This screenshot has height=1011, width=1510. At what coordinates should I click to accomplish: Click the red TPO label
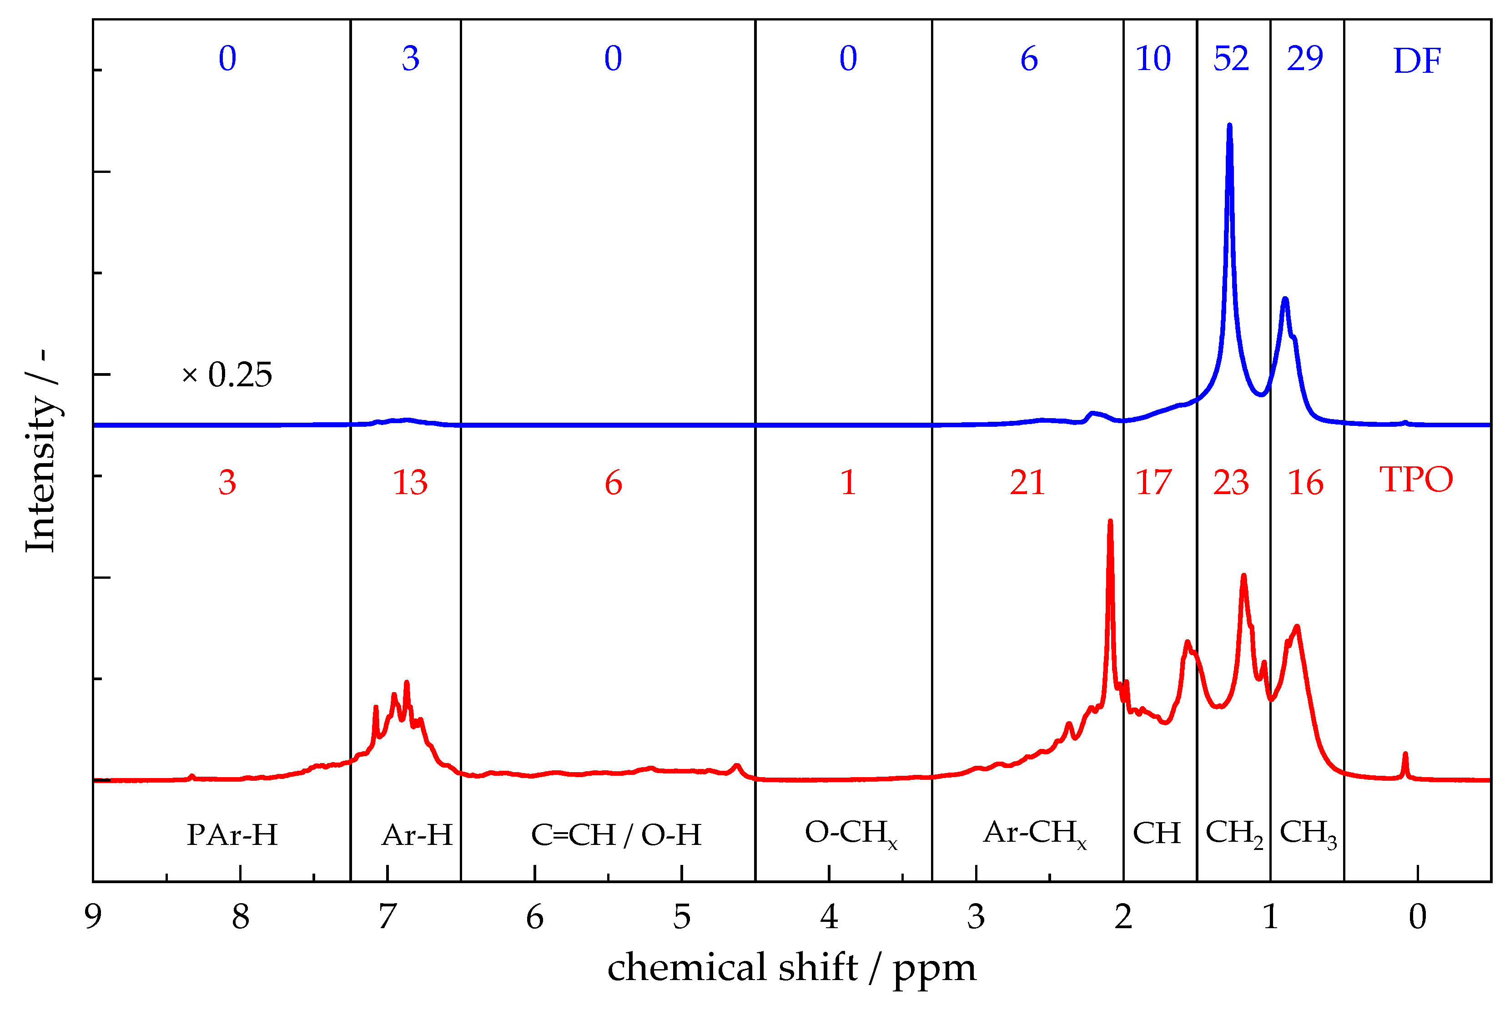(x=1416, y=479)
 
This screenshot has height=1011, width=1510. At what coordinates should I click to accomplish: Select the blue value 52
(x=1231, y=59)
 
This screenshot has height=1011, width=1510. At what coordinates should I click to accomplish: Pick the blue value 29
(x=1305, y=59)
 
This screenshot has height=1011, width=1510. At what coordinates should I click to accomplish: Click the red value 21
(x=1027, y=482)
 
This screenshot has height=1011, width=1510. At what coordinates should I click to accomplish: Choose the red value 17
(x=1153, y=482)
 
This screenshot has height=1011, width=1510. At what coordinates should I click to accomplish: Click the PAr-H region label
(x=232, y=835)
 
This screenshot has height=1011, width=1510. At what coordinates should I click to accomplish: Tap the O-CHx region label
(x=851, y=834)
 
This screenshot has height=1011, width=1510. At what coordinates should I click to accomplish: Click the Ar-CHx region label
(x=1034, y=834)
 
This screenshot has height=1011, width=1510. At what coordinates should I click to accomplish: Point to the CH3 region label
(x=1308, y=834)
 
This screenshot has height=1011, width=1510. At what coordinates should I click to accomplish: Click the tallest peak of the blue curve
(x=1230, y=126)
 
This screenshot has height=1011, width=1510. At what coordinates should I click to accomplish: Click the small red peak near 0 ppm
(x=1405, y=754)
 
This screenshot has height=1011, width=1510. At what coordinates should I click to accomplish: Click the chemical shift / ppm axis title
(x=791, y=968)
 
